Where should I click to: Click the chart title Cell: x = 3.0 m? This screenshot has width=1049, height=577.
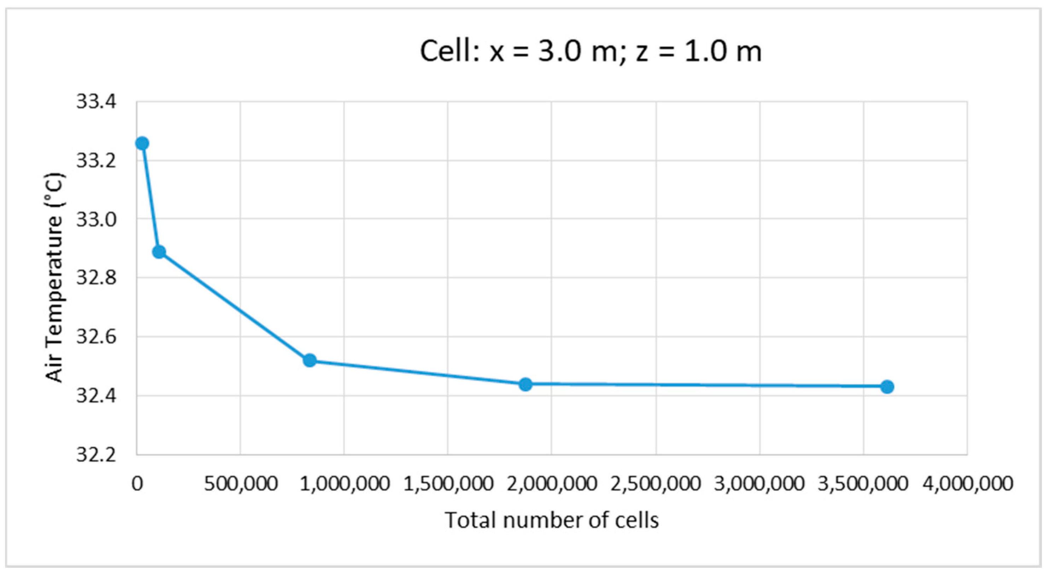click(590, 52)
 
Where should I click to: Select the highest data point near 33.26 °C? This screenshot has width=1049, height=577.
click(142, 143)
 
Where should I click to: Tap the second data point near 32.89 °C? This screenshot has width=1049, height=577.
click(159, 252)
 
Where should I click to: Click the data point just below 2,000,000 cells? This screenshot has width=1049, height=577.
click(526, 384)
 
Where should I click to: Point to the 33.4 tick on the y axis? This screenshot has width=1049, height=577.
click(96, 101)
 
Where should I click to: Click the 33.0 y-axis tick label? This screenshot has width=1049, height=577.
click(96, 220)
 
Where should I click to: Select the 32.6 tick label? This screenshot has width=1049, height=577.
click(96, 337)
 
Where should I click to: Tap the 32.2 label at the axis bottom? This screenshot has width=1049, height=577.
click(96, 455)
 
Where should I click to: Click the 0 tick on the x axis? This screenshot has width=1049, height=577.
click(137, 484)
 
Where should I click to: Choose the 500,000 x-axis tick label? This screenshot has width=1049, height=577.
click(241, 484)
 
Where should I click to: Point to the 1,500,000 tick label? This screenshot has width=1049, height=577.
click(448, 484)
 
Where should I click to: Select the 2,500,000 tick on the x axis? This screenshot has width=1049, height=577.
click(655, 484)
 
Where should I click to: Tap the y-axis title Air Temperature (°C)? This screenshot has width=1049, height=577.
click(54, 278)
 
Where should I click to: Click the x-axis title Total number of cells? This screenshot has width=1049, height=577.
click(552, 520)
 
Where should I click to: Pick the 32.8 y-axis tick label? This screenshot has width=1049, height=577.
click(96, 278)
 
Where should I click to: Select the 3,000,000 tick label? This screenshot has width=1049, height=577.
click(759, 484)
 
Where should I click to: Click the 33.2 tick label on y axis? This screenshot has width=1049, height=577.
click(96, 161)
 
